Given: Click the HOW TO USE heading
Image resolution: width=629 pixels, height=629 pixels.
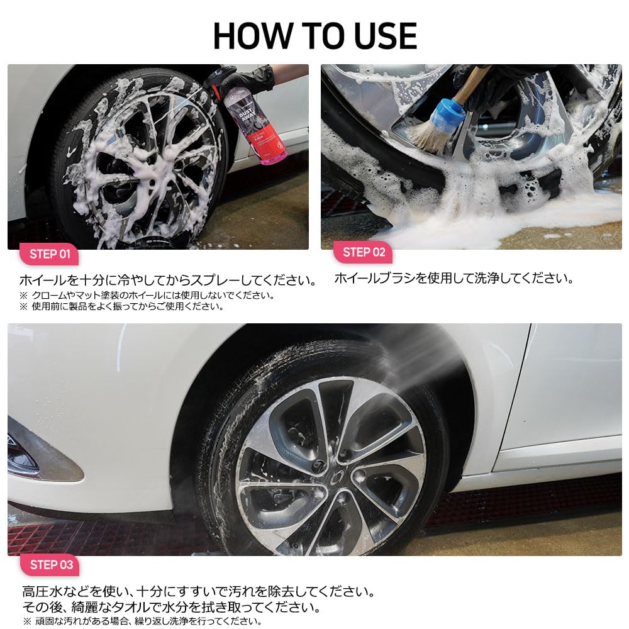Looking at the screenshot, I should [314, 36].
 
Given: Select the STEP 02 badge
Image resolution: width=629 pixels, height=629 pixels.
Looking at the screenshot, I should [363, 253].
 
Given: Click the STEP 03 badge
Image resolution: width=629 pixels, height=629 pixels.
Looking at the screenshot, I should [51, 564].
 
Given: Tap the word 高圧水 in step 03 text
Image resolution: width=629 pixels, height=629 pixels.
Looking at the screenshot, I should [38, 592].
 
